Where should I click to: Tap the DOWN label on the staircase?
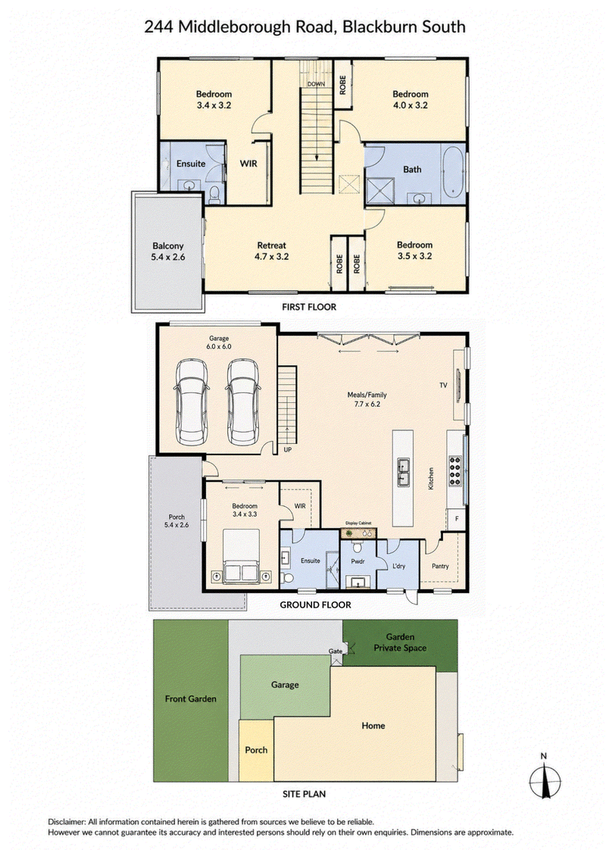(316, 84)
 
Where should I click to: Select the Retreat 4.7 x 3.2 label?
(271, 251)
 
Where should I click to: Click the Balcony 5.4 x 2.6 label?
(168, 252)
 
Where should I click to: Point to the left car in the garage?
(190, 402)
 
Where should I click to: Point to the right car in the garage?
(242, 402)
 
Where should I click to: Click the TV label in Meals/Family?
(443, 385)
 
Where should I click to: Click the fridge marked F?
(457, 519)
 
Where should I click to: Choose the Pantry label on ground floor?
(440, 566)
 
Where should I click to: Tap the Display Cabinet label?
(358, 523)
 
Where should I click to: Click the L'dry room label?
(398, 566)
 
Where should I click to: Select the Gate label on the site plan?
(336, 651)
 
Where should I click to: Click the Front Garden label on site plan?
(191, 698)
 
